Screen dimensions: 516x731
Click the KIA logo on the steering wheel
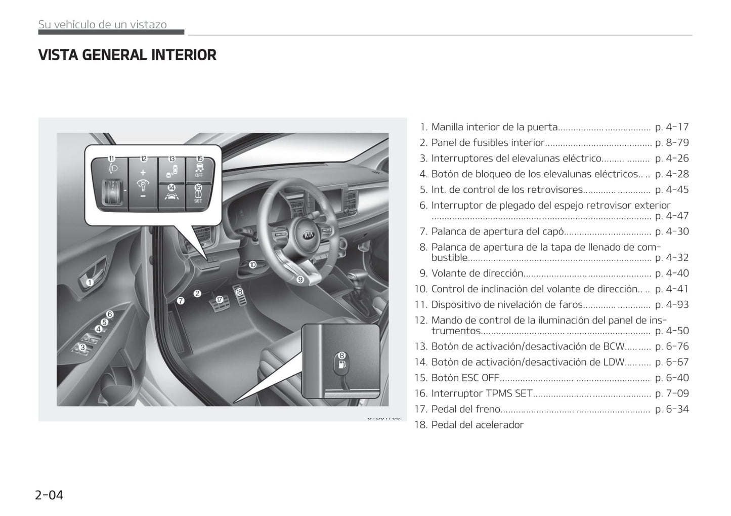pyautogui.click(x=309, y=235)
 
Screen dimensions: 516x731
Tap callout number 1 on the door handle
pyautogui.click(x=90, y=283)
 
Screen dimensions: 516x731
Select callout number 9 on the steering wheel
pyautogui.click(x=300, y=279)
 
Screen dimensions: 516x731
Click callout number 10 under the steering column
pyautogui.click(x=252, y=264)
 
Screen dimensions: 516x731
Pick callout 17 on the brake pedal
pyautogui.click(x=219, y=299)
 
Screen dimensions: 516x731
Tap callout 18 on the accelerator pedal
pyautogui.click(x=239, y=292)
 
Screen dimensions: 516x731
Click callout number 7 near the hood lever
pyautogui.click(x=181, y=300)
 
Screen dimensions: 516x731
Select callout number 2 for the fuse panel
pyautogui.click(x=197, y=293)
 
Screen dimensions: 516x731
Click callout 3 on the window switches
pyautogui.click(x=82, y=347)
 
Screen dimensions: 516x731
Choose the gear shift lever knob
pyautogui.click(x=358, y=277)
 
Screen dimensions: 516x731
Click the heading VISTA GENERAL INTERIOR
pyautogui.click(x=127, y=55)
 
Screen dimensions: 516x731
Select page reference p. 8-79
pyautogui.click(x=671, y=143)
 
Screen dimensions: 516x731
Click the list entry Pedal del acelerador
pyautogui.click(x=477, y=425)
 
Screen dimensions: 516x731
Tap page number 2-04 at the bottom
pyautogui.click(x=49, y=495)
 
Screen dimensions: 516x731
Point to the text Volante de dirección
pyautogui.click(x=477, y=273)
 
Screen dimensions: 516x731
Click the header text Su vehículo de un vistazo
pyautogui.click(x=102, y=24)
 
